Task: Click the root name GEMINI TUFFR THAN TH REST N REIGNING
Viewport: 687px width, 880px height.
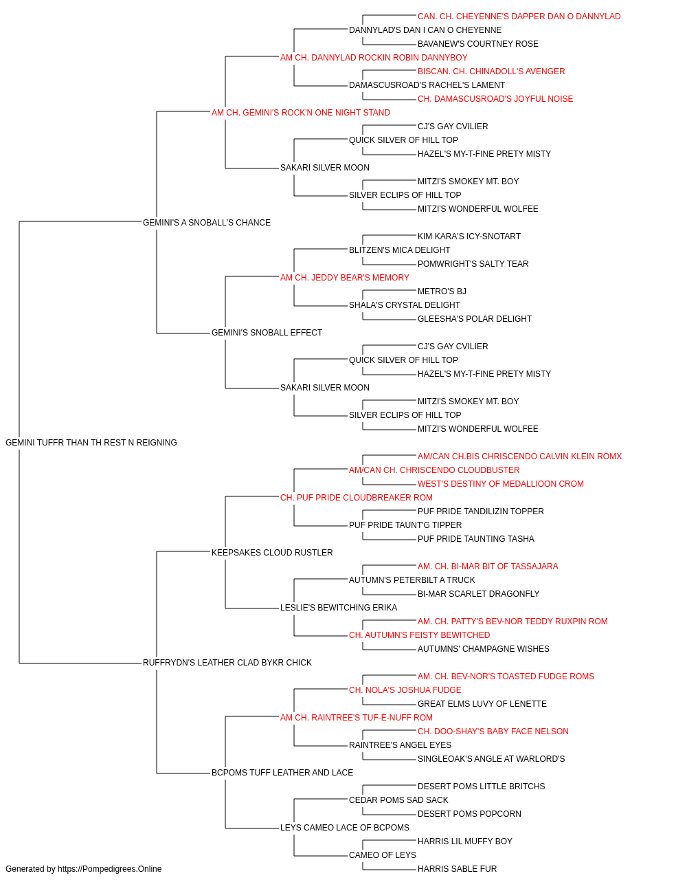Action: coord(91,443)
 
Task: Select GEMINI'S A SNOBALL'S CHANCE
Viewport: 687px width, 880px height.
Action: coord(206,223)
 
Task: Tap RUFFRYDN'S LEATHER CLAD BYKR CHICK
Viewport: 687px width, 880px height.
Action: coord(227,663)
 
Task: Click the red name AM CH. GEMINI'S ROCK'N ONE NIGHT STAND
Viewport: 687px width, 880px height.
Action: coord(301,113)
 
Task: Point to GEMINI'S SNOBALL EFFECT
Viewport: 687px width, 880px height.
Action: coord(267,333)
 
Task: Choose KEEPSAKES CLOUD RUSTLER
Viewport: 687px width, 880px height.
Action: coord(272,553)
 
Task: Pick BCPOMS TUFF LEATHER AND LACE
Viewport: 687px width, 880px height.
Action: coord(282,773)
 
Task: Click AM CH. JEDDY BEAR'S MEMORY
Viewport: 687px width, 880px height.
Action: coord(345,278)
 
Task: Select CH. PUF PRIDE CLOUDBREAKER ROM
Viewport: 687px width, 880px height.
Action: coord(357,498)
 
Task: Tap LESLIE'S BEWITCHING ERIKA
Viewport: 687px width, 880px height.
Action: coord(339,608)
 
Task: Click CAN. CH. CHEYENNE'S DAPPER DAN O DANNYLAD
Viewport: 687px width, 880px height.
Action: coord(519,16)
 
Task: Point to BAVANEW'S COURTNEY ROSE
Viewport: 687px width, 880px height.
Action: coord(478,44)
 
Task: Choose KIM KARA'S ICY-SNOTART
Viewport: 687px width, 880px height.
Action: coord(469,236)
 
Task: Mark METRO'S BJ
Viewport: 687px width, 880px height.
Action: coord(442,291)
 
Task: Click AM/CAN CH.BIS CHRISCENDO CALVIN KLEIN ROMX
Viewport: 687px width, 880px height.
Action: coord(519,456)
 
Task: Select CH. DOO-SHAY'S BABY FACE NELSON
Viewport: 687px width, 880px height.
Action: coord(493,731)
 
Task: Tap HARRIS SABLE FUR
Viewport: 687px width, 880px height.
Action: coord(457,869)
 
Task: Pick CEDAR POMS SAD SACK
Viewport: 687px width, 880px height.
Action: coord(398,800)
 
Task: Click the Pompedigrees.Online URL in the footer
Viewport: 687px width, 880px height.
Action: coord(110,869)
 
